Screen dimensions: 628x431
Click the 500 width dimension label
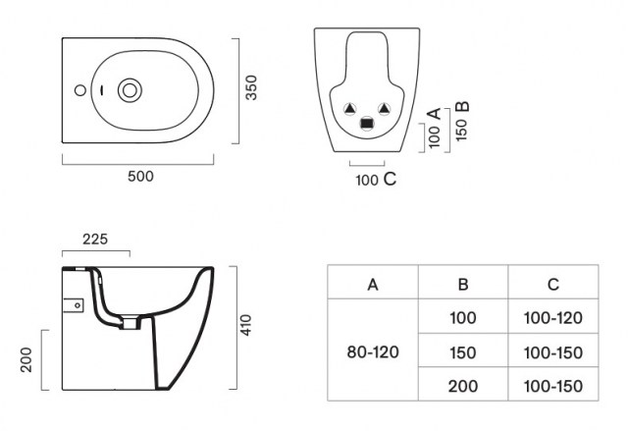pos(140,177)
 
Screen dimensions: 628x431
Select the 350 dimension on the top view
pos(251,87)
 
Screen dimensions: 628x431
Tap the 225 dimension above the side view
pos(95,240)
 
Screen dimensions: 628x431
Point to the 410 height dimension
pos(245,325)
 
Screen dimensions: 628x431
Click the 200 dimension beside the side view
pos(26,359)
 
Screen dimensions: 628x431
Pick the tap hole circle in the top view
pos(80,90)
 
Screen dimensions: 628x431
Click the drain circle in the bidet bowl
pos(130,90)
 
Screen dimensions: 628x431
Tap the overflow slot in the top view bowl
pos(101,91)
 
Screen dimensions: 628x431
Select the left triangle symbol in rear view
pos(349,108)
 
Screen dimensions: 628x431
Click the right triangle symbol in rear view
pos(384,108)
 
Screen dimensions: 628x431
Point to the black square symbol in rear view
pos(366,124)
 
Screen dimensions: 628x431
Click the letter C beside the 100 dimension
pos(390,179)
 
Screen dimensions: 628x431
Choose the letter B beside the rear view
pos(462,107)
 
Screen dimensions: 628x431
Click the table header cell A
pos(373,282)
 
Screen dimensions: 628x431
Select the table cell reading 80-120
pos(373,350)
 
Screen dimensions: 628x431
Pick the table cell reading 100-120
pos(553,316)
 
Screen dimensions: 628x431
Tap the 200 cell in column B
pos(463,384)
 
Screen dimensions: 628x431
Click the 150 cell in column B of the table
pos(463,350)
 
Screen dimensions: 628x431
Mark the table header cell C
pos(553,282)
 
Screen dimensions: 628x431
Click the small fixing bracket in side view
pos(74,305)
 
